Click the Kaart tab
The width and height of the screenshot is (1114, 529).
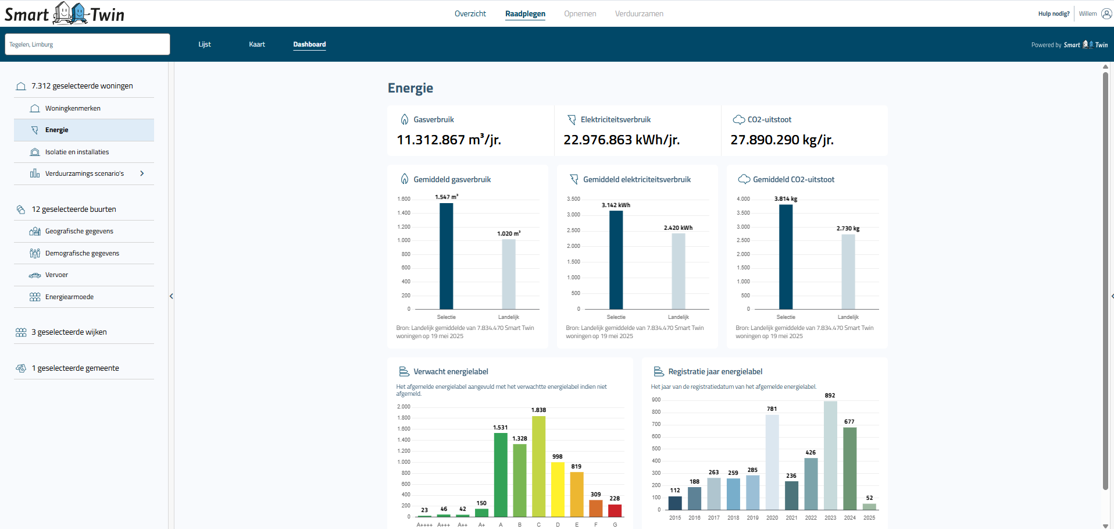click(256, 44)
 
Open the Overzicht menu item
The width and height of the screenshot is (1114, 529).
click(470, 13)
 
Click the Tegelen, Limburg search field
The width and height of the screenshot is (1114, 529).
click(87, 44)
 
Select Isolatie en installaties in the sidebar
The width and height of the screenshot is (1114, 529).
click(77, 152)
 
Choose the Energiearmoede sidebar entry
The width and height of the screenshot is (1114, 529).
click(69, 297)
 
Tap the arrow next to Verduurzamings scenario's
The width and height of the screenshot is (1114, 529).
click(142, 173)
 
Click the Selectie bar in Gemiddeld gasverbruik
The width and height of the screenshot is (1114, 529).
click(446, 256)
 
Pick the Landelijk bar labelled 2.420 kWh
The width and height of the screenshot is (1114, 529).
click(678, 271)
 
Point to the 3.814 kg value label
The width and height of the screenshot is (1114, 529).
click(785, 198)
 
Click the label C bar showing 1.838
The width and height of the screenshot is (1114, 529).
click(538, 466)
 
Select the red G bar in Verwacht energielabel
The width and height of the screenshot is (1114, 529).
click(615, 510)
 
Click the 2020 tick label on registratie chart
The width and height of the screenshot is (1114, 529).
click(772, 517)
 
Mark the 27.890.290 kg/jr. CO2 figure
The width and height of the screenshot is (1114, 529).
click(781, 140)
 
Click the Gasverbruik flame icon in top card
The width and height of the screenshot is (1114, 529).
click(405, 119)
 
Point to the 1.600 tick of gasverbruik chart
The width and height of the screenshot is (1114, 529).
click(404, 199)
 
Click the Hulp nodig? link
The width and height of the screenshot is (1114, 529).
click(1054, 13)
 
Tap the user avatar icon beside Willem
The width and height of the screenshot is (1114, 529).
click(1106, 13)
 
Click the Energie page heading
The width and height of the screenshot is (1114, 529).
click(410, 88)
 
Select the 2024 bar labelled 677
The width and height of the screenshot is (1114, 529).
click(849, 468)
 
